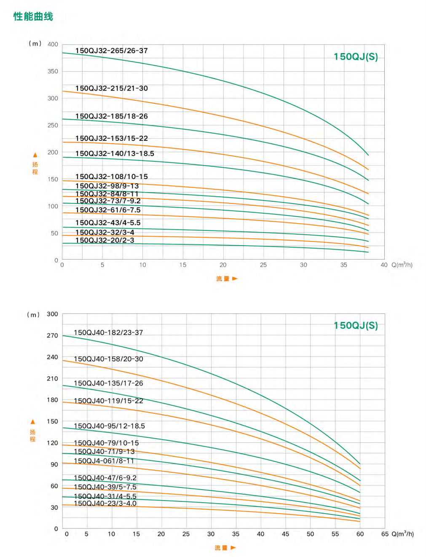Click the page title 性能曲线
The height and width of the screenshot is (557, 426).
(x=33, y=16)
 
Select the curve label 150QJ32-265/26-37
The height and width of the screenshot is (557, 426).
(x=112, y=51)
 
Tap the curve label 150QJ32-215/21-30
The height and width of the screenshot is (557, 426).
(x=112, y=88)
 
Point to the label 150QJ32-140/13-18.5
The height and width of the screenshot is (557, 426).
(x=115, y=153)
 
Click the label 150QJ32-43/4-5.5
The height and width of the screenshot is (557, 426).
(x=108, y=222)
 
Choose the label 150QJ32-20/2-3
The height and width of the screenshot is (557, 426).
(x=104, y=240)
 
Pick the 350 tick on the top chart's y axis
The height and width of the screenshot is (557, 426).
(x=53, y=71)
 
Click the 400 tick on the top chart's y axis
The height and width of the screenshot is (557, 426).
(x=53, y=44)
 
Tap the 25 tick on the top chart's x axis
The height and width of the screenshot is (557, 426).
(x=263, y=265)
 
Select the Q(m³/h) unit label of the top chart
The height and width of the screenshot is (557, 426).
(x=402, y=265)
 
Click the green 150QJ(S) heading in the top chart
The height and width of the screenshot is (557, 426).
(x=356, y=56)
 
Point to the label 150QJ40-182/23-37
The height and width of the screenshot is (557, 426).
(x=108, y=332)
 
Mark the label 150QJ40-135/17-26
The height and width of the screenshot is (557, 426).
(x=108, y=383)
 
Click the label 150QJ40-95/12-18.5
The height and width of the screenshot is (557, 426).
(x=109, y=426)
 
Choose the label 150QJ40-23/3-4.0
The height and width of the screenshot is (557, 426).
(x=105, y=503)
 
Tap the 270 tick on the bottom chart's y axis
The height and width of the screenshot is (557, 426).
(x=52, y=335)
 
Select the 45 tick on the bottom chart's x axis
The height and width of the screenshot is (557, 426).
(x=285, y=534)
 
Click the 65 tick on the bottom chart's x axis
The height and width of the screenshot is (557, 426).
(x=385, y=534)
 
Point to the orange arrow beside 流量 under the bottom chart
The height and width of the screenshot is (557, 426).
(x=233, y=548)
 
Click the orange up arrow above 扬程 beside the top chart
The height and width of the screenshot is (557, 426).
(x=35, y=155)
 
